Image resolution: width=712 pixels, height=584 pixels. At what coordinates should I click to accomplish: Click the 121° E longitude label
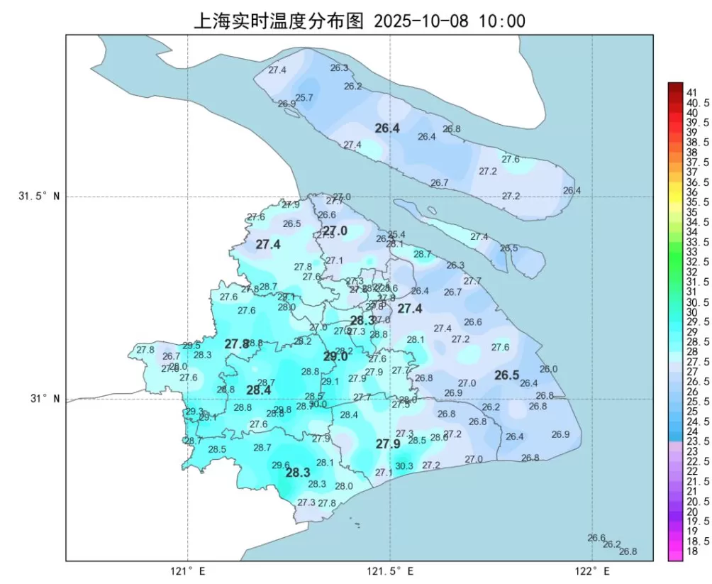(x=188, y=571)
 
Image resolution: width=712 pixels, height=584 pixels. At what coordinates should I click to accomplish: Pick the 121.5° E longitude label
(x=391, y=571)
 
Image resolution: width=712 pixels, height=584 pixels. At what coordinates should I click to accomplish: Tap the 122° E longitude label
(x=593, y=571)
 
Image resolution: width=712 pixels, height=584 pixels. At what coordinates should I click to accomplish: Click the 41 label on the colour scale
(x=692, y=92)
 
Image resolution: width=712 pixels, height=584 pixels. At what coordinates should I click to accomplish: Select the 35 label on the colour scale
(x=692, y=212)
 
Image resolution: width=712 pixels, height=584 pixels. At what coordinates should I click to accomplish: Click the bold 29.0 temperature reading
(x=335, y=357)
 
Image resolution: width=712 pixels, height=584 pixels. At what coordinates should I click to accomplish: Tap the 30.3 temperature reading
(x=404, y=466)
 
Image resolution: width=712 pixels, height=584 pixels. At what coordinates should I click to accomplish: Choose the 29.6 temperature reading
(x=281, y=465)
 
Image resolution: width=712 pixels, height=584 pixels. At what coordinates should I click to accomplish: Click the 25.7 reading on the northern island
(x=304, y=98)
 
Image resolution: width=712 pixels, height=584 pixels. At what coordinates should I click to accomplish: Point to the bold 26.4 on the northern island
(x=387, y=128)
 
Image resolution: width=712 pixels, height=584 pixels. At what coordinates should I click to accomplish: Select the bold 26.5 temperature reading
(x=507, y=375)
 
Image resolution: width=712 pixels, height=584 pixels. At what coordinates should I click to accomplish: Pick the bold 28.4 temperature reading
(x=258, y=390)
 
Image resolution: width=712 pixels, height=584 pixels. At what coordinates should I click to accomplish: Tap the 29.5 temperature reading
(x=191, y=346)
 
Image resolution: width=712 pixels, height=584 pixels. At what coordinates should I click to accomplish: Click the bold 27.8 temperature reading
(x=237, y=344)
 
